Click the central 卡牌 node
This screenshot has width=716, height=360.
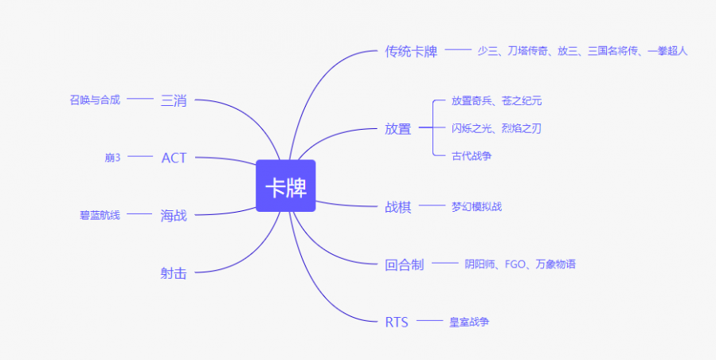point(286,186)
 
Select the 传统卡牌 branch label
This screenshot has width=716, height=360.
point(411,52)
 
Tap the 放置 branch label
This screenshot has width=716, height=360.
point(398,129)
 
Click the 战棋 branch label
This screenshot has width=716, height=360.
point(398,207)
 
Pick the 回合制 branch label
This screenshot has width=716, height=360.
point(405,264)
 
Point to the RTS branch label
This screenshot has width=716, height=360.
point(397,322)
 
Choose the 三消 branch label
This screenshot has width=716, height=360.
point(174,100)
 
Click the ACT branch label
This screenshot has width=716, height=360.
point(174,158)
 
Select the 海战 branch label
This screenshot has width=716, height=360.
point(174,215)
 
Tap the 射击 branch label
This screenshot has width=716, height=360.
point(174,273)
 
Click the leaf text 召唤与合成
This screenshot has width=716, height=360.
point(95,100)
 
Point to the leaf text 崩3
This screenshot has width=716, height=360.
point(112,158)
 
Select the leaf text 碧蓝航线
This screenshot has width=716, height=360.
point(100,215)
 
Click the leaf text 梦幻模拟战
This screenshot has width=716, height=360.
point(477,206)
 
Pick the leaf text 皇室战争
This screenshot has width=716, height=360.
point(469,322)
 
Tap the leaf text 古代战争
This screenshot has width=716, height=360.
point(471,156)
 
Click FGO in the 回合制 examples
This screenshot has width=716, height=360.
point(515,264)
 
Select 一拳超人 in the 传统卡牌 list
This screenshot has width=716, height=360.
point(667,51)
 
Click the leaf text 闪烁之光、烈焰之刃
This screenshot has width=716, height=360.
point(497,128)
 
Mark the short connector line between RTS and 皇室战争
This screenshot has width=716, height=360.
point(430,321)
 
